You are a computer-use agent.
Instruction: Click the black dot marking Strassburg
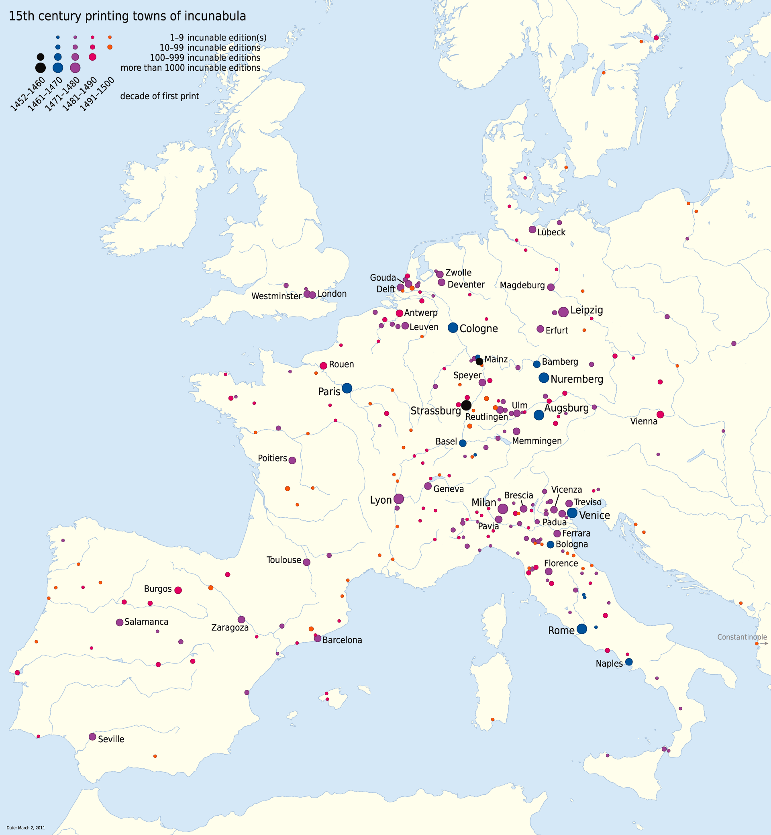[467, 405]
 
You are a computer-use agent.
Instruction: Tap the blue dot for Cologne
[453, 328]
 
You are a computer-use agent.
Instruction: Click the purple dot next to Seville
[93, 737]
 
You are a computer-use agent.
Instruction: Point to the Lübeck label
[551, 233]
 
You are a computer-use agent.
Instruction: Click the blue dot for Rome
[581, 629]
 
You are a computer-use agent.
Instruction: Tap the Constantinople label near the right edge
[742, 637]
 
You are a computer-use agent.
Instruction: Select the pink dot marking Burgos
[178, 590]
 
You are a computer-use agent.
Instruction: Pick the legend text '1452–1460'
[27, 94]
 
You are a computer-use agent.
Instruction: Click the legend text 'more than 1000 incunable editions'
[190, 67]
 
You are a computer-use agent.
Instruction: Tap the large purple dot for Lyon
[398, 499]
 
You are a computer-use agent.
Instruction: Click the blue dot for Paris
[347, 388]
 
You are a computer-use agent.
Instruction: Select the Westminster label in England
[276, 296]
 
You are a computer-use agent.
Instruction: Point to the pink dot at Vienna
[660, 414]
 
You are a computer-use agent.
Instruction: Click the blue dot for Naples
[629, 662]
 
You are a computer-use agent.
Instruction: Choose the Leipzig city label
[586, 310]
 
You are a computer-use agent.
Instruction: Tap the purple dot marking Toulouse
[307, 562]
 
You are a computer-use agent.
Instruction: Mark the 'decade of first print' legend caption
[159, 96]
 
